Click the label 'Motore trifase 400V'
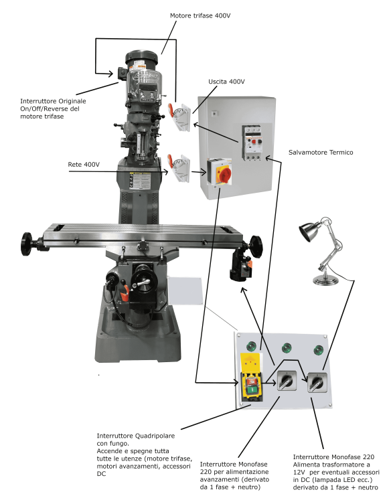pos(200,15)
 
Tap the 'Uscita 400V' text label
pos(227,82)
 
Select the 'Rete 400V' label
pos(84,165)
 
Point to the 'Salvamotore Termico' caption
pos(321,153)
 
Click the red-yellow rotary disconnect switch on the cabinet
pos(220,172)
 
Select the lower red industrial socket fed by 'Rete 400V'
pos(179,167)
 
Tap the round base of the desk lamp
pos(325,280)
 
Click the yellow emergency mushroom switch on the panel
pos(252,377)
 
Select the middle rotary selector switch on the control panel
pos(287,381)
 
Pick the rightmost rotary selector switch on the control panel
pos(317,382)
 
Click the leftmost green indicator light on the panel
pos(251,346)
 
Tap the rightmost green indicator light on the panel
pos(318,349)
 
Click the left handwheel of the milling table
pos(27,244)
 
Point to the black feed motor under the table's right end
pos(241,264)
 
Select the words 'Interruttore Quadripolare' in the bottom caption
pos(136,436)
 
